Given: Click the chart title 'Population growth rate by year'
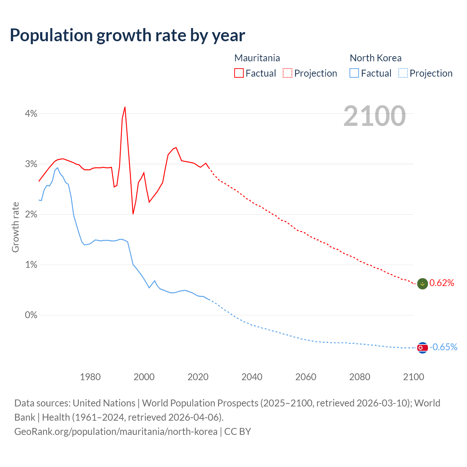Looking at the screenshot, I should [127, 35].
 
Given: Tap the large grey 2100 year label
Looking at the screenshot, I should [374, 116].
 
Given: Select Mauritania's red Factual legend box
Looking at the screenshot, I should [239, 73].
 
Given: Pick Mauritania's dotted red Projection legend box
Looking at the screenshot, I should [287, 73].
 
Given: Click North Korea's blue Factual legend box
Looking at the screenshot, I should [354, 73].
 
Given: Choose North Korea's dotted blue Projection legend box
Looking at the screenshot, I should [403, 73].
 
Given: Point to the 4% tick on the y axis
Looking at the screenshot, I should [31, 114].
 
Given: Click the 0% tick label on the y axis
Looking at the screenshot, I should [31, 315].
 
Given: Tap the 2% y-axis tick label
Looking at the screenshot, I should [31, 215].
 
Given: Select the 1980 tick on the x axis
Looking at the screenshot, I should [90, 377].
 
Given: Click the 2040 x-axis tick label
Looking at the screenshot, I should [252, 377].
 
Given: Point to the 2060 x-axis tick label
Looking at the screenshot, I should [306, 377].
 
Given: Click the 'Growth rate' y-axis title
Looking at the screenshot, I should [15, 227].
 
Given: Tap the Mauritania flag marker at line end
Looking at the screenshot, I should [422, 283].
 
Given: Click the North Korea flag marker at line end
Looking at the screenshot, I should [422, 348].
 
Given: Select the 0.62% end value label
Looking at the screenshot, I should [442, 283].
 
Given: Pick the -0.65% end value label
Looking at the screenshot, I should [443, 347].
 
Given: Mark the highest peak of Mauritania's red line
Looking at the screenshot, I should [125, 107].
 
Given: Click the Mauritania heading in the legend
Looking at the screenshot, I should [257, 58].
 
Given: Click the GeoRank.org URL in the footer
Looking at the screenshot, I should [116, 432].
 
